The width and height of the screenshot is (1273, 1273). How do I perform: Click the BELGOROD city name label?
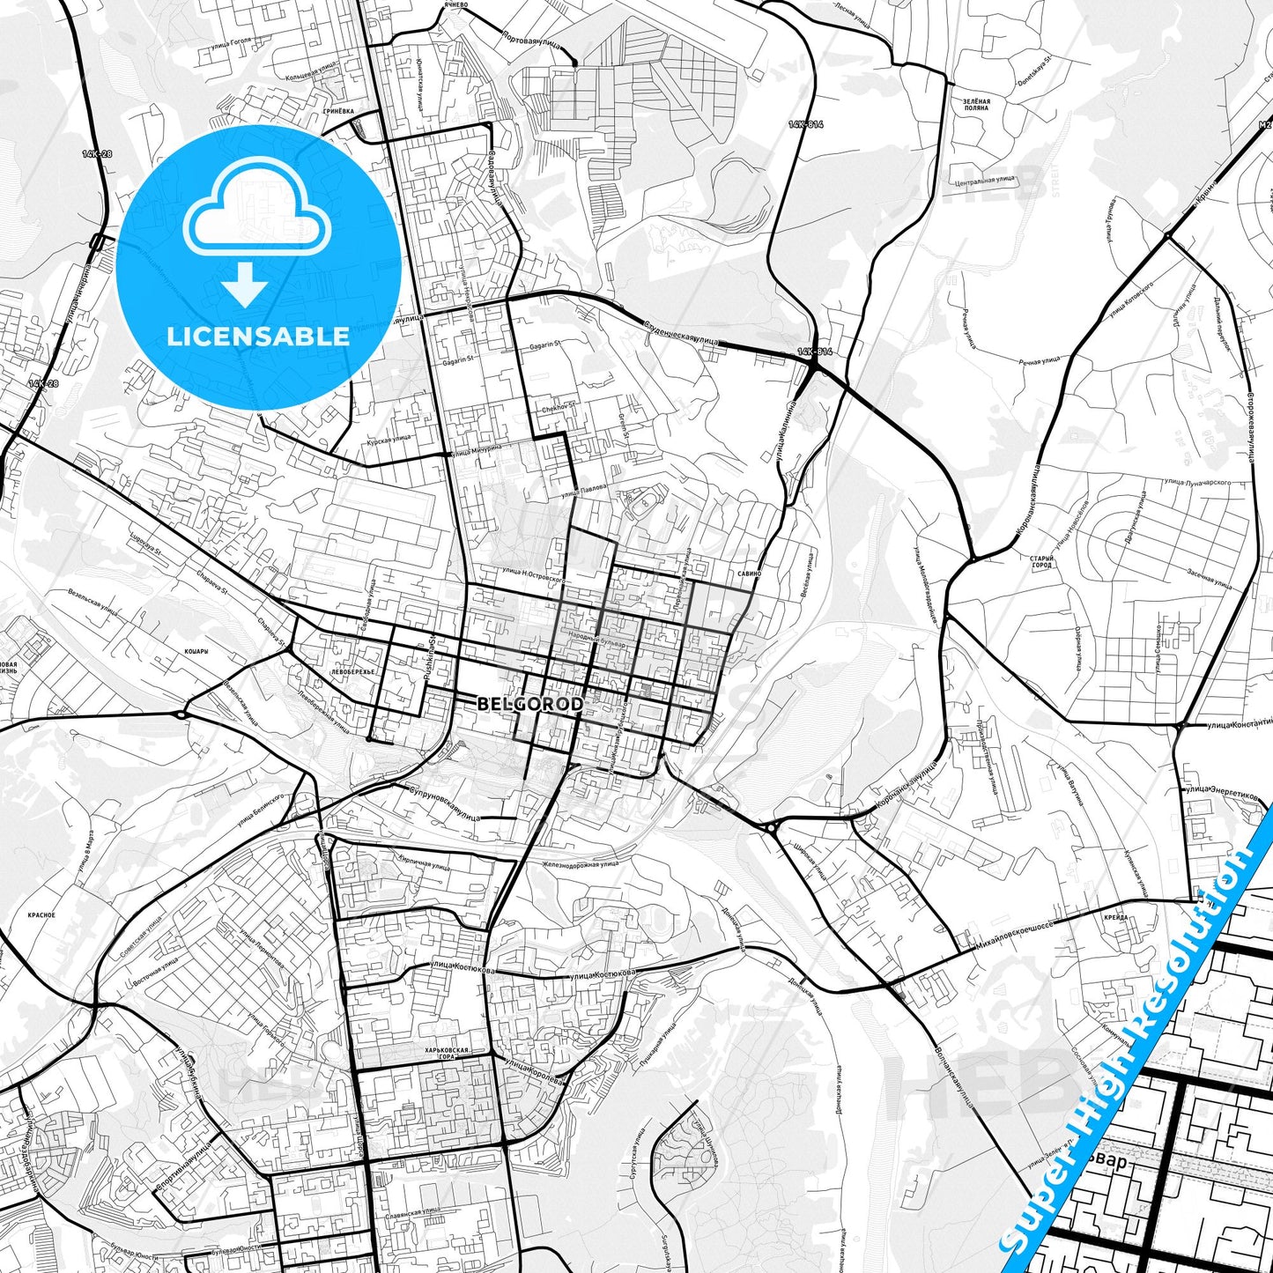click(x=529, y=705)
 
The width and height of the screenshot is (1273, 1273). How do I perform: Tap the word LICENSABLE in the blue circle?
click(x=258, y=336)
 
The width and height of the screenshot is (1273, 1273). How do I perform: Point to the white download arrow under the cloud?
click(x=245, y=285)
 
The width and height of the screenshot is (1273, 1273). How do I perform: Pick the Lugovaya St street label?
click(x=146, y=545)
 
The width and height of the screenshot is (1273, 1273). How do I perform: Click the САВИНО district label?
click(x=750, y=574)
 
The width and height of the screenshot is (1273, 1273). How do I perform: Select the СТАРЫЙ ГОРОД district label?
click(x=1041, y=561)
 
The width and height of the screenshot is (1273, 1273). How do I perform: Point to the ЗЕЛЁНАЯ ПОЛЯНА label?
click(x=976, y=105)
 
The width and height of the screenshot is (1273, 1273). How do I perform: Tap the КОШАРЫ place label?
click(x=196, y=651)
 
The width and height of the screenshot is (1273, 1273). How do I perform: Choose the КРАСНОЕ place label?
click(x=41, y=915)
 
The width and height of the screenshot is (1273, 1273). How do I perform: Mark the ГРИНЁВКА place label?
click(x=337, y=112)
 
